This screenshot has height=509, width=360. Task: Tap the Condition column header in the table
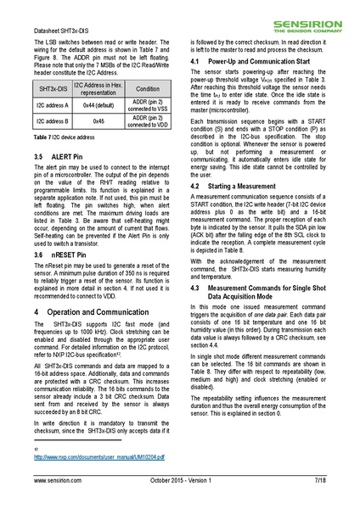pos(147,88)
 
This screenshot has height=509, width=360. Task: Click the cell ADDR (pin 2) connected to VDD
pos(147,122)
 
